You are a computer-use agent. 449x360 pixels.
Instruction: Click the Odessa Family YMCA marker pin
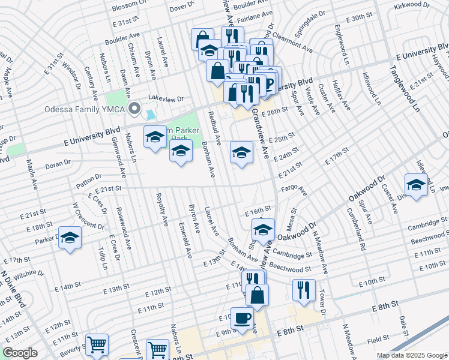point(134,109)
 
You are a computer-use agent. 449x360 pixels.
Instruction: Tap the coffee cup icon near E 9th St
point(243,318)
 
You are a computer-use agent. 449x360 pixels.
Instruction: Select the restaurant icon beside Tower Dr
point(304,290)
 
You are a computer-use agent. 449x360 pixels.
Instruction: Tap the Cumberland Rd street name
point(355,228)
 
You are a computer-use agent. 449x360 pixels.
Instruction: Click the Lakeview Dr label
point(164,98)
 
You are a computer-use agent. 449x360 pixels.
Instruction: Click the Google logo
point(20,353)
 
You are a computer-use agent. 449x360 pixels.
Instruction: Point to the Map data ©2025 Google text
point(412,355)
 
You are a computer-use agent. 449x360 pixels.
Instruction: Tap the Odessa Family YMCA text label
point(86,109)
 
